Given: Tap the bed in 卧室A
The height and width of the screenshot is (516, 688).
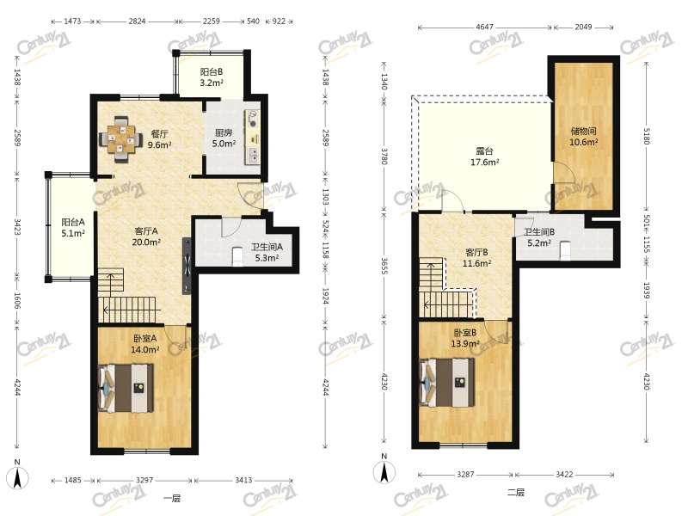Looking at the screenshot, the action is click(126, 388).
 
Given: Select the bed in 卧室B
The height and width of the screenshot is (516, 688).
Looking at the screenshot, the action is click(447, 383).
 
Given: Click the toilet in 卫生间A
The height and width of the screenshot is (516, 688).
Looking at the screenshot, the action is click(237, 256).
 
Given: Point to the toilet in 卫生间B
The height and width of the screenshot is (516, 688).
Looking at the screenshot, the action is click(565, 250).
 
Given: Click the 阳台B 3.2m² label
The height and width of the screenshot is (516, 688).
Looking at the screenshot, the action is click(212, 77).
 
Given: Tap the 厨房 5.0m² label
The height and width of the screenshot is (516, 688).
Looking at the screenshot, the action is click(224, 138).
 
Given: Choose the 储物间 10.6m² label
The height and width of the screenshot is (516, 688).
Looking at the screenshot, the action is click(584, 137).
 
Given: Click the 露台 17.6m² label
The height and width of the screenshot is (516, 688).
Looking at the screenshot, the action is click(484, 157).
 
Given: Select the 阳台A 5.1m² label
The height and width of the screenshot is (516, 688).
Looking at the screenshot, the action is click(73, 228).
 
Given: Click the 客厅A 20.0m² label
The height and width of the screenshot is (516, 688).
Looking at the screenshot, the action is click(146, 236).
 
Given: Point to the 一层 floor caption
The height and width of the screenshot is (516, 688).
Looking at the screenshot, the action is click(171, 498).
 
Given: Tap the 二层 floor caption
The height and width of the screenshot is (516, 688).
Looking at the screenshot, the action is click(516, 492).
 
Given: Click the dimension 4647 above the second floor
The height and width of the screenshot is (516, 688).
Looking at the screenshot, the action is click(484, 27).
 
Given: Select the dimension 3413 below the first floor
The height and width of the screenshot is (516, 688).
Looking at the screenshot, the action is click(243, 480).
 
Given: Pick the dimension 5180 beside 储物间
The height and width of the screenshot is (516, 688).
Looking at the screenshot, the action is click(646, 136).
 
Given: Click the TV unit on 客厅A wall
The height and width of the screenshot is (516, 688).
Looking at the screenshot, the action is click(187, 266).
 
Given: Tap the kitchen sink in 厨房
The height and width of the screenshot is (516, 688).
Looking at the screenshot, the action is click(253, 156).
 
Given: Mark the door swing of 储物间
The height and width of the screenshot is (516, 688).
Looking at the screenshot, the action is click(565, 171).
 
